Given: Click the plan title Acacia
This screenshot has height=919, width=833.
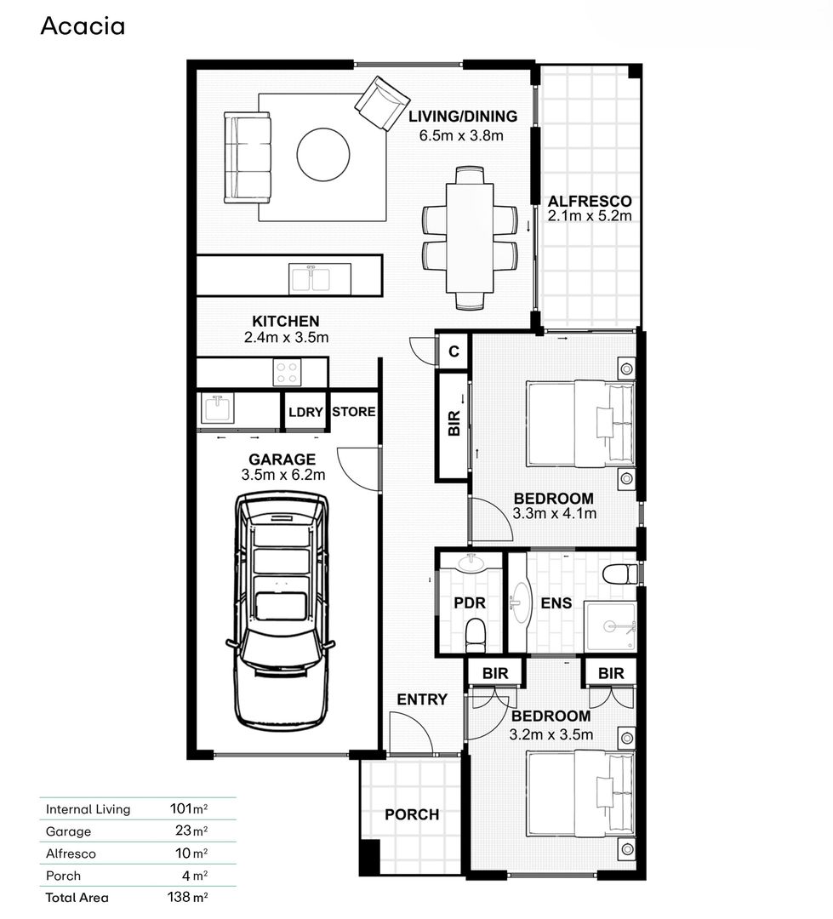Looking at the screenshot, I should pos(83,26).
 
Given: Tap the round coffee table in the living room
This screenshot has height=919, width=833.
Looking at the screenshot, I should pos(322,154).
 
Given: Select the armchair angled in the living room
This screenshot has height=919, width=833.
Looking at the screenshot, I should pos(382,103).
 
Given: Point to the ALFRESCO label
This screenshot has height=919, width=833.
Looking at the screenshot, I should pos(589,202).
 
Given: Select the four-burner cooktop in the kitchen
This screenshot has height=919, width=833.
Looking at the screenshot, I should pos(287,373).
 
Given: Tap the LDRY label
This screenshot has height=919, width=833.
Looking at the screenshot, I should pos(305,412).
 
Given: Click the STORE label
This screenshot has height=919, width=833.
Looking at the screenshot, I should pos(353,412).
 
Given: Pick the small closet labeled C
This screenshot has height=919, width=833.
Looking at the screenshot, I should pos(454,351).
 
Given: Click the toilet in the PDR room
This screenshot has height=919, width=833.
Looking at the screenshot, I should pos(476,633).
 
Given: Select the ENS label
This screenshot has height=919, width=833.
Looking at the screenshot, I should pos(556,604).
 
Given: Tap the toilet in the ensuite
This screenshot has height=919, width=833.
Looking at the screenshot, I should pos(619,574).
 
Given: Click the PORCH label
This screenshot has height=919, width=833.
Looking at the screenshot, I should pos(412,814).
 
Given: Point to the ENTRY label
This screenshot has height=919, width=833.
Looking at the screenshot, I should pos(422,699).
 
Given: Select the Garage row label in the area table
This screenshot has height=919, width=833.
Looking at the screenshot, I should pos(68,831).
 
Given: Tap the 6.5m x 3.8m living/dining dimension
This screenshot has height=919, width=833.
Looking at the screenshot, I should pos(462,135).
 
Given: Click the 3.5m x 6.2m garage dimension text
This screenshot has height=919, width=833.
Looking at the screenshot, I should pos(282,476).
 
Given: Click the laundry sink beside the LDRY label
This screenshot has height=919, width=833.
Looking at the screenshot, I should pos(218,409).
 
